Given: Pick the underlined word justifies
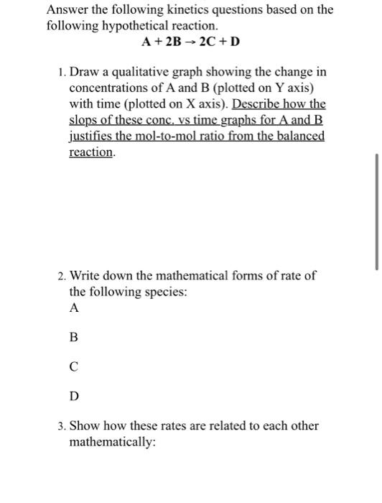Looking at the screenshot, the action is tap(94, 136).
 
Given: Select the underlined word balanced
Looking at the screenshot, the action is tap(297, 136).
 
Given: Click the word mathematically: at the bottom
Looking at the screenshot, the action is tap(112, 442).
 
